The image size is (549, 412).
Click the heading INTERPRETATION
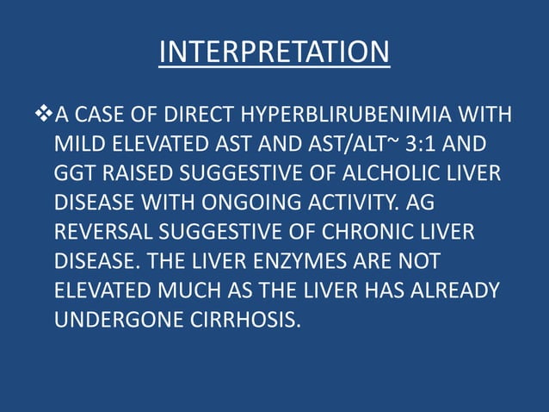pyautogui.click(x=274, y=53)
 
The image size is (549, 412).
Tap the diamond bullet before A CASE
pyautogui.click(x=46, y=114)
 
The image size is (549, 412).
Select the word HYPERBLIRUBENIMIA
pyautogui.click(x=360, y=115)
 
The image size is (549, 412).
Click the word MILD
pyautogui.click(x=78, y=144)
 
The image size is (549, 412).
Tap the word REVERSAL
pyautogui.click(x=101, y=232)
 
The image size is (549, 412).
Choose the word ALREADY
pyautogui.click(x=456, y=290)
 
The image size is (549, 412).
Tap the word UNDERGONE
pyautogui.click(x=112, y=320)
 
